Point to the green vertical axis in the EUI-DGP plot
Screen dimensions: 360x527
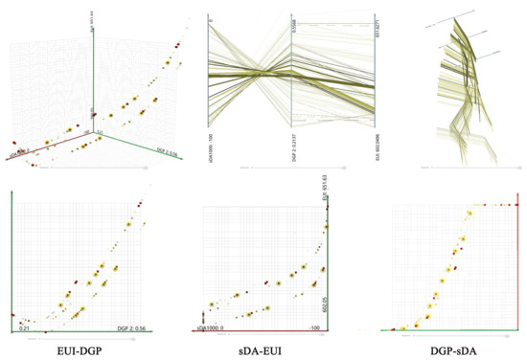point(11,259)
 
